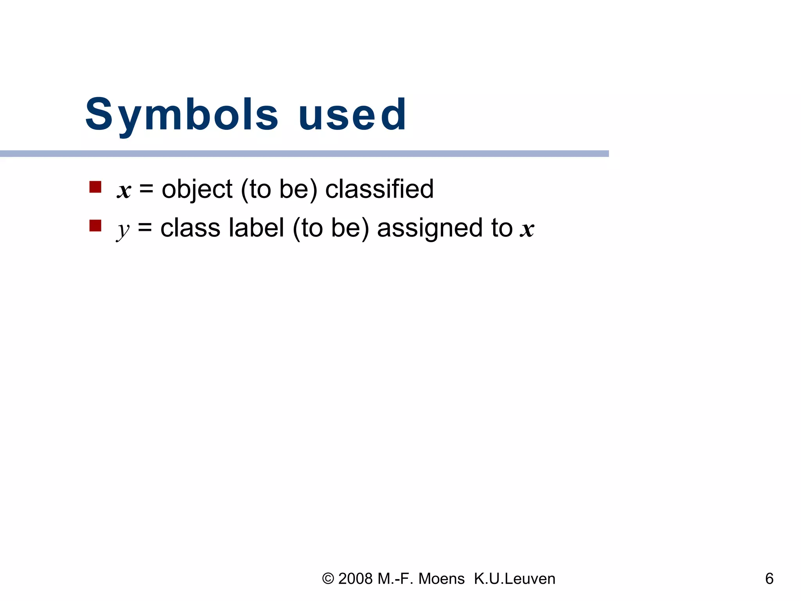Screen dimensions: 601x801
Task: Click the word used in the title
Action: [x=352, y=115]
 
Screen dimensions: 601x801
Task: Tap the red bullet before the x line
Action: [x=95, y=187]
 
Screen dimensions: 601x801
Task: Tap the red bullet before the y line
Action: [x=95, y=226]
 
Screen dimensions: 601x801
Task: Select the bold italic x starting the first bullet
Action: [x=124, y=191]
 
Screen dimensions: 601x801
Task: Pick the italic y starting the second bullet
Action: [x=123, y=230]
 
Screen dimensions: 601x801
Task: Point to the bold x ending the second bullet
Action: [x=527, y=229]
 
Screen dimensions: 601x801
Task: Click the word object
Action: [x=197, y=189]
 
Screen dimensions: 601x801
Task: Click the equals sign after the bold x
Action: [x=146, y=189]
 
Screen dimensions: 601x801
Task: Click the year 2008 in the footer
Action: [x=355, y=579]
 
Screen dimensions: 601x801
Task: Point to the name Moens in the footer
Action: [x=442, y=579]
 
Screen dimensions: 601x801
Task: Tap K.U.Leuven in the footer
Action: [x=514, y=579]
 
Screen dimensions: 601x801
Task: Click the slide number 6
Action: [x=769, y=579]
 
